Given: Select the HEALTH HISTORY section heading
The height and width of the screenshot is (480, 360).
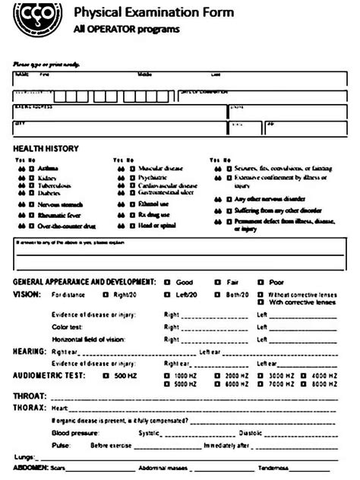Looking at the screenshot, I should [x=46, y=148].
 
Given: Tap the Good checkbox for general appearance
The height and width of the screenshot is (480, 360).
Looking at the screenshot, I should [x=168, y=282].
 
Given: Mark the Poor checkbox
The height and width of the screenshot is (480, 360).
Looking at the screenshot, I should [x=260, y=282].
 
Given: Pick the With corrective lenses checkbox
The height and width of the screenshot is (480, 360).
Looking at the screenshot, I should [x=261, y=302].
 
